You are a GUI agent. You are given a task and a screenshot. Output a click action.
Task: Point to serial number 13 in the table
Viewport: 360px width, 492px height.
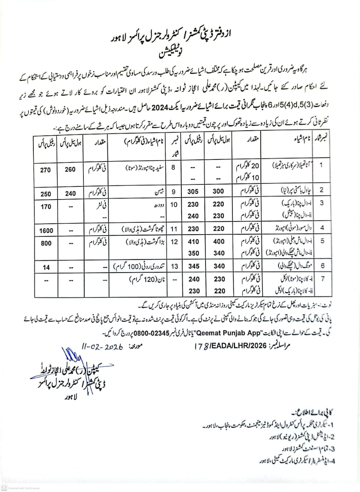(174, 266)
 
